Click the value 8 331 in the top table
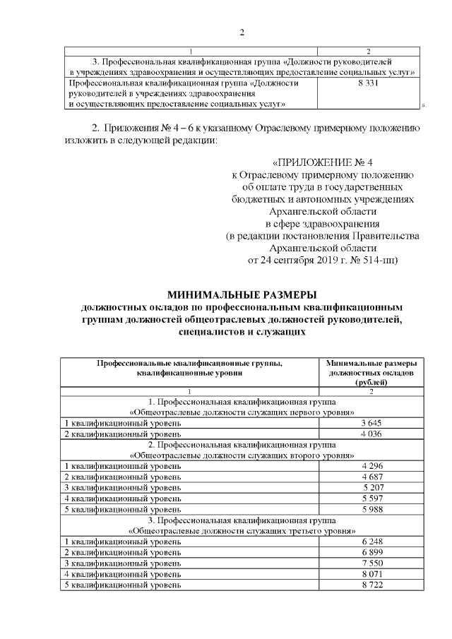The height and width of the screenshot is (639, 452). tap(370, 83)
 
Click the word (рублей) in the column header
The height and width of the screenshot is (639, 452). tap(371, 381)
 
